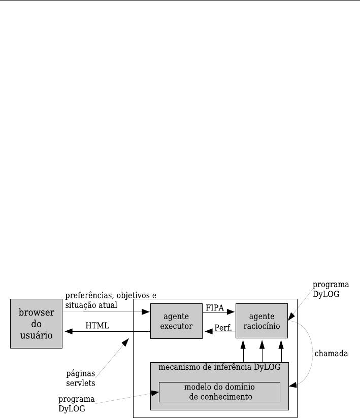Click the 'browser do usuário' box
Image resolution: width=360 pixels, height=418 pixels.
pyautogui.click(x=37, y=324)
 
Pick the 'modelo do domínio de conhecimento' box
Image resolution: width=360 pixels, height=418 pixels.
pyautogui.click(x=219, y=392)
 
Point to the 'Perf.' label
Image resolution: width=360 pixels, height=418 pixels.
pyautogui.click(x=223, y=328)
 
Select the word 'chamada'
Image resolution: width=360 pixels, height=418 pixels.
pyautogui.click(x=330, y=352)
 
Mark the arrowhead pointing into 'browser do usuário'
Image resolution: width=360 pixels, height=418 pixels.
pyautogui.click(x=69, y=332)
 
